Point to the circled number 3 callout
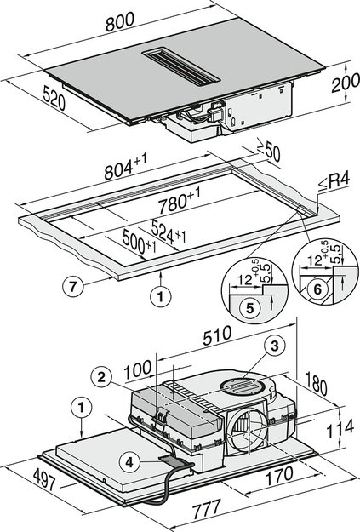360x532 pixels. (x=274, y=346)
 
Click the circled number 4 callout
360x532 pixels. (x=128, y=464)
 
